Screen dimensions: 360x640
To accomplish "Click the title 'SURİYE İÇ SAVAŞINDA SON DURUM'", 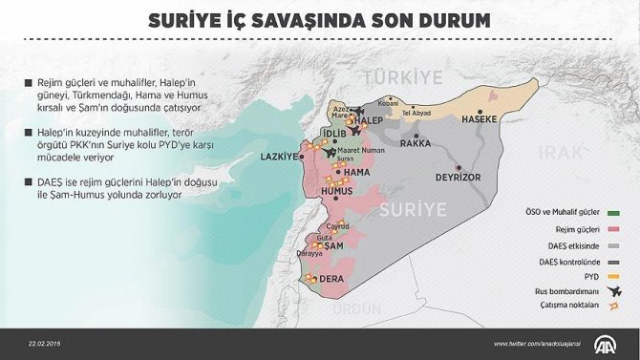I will point(320,20).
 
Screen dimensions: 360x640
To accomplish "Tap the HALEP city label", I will point(368,121).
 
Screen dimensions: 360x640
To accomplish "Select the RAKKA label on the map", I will point(416,143).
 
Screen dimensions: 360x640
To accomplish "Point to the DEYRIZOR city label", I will point(456,178).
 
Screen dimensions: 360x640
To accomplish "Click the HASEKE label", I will point(479,120).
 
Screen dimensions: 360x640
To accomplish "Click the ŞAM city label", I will point(333,246).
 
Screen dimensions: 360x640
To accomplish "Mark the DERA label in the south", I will point(332,278).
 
